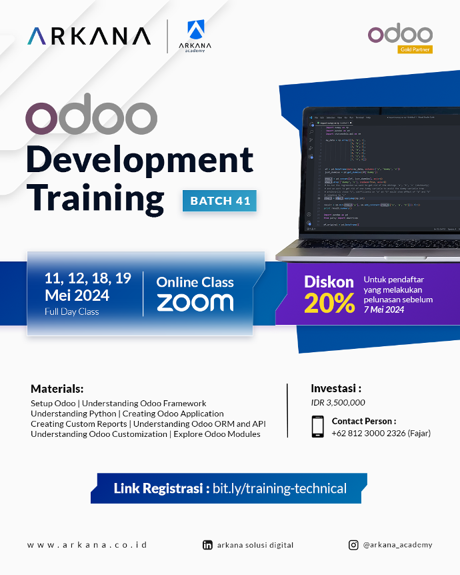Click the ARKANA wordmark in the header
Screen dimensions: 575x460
[89, 35]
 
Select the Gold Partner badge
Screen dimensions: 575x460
[415, 49]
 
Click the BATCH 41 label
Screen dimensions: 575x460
[219, 201]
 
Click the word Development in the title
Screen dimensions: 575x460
[139, 160]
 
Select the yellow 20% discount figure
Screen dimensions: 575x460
[329, 304]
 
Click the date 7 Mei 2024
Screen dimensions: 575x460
[384, 310]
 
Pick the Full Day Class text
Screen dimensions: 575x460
[72, 312]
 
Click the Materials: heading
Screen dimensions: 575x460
[57, 389]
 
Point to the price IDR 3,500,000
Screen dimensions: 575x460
[338, 402]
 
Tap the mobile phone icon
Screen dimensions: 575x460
[319, 427]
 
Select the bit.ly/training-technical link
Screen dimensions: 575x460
[279, 488]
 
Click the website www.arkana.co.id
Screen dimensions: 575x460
[87, 545]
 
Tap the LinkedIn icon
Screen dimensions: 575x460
[207, 545]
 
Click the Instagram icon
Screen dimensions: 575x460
[353, 545]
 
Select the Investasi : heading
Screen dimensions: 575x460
[336, 388]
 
